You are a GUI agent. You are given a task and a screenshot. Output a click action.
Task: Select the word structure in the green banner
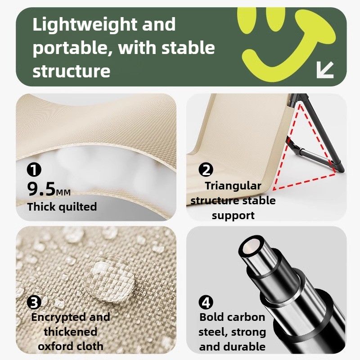click(x=72, y=71)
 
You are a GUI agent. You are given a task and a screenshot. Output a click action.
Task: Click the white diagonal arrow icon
click(x=325, y=70)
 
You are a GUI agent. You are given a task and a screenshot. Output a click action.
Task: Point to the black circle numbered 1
click(x=34, y=170)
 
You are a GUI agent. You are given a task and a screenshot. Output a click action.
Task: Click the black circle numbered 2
click(x=206, y=170)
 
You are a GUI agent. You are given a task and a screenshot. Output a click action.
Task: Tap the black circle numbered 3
click(x=34, y=302)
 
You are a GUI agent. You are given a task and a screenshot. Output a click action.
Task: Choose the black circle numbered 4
click(x=206, y=302)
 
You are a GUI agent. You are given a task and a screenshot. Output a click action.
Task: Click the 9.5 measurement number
click(x=41, y=189)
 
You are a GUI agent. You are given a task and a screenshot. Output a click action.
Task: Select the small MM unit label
click(x=63, y=193)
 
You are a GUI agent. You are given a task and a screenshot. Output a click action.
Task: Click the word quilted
click(x=78, y=207)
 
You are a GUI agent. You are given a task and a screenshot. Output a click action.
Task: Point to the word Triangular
click(x=233, y=186)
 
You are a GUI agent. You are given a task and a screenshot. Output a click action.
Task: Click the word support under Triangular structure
click(x=233, y=216)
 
